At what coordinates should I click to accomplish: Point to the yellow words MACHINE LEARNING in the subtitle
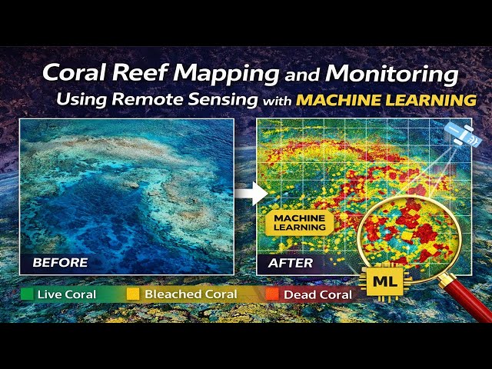point(386,100)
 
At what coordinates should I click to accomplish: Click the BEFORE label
point(60,263)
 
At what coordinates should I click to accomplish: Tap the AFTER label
point(290,263)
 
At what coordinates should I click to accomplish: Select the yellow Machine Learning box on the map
point(300,223)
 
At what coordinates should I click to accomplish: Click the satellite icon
point(464,135)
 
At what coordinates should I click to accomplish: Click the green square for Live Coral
point(27,294)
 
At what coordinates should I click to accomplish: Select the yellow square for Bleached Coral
point(133,294)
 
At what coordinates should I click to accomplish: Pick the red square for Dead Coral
point(271,294)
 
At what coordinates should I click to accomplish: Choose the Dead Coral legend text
point(317,294)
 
